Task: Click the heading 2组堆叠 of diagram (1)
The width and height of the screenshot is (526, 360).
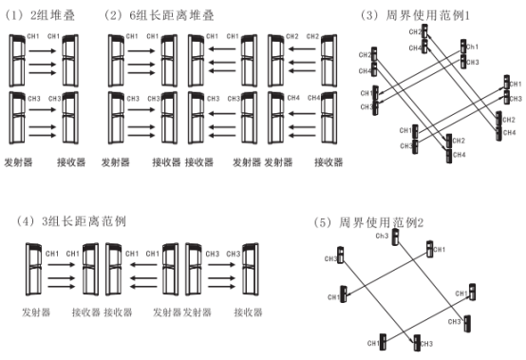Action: pos(52,15)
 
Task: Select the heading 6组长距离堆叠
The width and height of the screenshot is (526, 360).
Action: pos(172,15)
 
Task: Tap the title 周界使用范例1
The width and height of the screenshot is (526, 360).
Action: pos(428,15)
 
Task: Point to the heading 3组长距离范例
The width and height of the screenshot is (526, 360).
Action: pos(84,221)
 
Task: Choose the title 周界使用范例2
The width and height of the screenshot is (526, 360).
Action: pos(382,222)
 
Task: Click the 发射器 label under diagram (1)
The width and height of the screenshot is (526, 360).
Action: pos(18,162)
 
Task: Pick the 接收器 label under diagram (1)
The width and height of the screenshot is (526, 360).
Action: pos(71,162)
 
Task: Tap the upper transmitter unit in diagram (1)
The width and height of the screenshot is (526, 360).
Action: pos(17,61)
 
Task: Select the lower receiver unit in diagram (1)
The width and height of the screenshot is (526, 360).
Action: pos(70,118)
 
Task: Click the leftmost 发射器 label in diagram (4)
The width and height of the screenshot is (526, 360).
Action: pos(36,313)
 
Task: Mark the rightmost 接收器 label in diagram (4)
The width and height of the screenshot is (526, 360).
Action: pos(248,313)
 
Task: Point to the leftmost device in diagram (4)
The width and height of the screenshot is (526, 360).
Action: pos(33,270)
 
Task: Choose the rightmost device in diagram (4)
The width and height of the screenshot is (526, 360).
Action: pos(251,270)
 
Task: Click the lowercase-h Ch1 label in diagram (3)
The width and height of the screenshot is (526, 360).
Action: pos(472,47)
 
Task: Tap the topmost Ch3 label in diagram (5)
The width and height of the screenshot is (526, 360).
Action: pos(382,236)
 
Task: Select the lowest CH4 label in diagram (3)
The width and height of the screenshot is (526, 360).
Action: pos(459,155)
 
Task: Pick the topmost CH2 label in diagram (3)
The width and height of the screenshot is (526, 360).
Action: pos(415,32)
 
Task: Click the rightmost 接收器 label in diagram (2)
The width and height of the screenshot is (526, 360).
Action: pos(329,162)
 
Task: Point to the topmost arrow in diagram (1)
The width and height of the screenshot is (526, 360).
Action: pos(43,51)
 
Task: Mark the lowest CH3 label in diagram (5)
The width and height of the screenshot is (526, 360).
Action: pos(426,344)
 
